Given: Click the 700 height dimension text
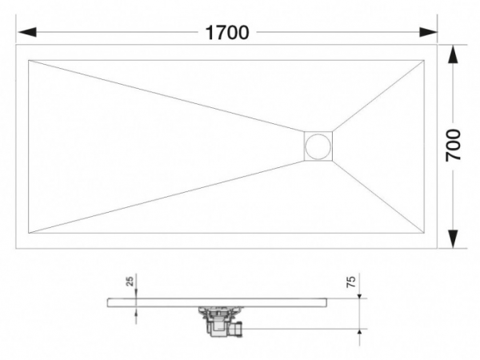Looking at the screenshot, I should pyautogui.click(x=454, y=146).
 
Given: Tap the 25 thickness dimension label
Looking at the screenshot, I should pyautogui.click(x=130, y=282).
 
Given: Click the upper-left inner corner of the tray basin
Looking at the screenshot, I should pyautogui.click(x=29, y=59).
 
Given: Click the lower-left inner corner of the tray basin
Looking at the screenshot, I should pyautogui.click(x=29, y=234).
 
